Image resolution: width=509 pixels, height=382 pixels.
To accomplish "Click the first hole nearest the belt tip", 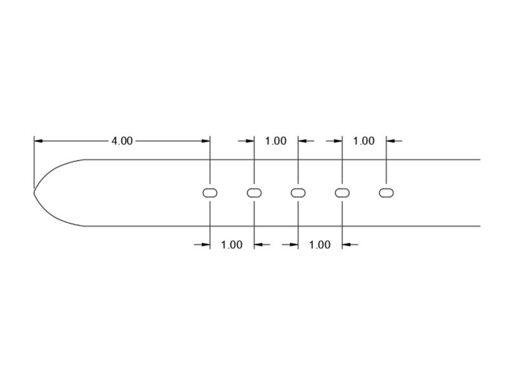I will tap(210, 192).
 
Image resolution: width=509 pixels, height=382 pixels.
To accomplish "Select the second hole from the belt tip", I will tap(254, 192).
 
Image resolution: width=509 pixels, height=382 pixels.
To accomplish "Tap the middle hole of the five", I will tap(298, 192).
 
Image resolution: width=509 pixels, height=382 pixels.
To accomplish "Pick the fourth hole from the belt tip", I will tap(342, 192).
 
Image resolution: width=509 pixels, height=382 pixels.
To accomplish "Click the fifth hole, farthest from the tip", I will tap(386, 192).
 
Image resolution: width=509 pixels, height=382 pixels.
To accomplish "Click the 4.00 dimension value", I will tap(122, 141).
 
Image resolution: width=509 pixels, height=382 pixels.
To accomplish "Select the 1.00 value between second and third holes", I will tap(275, 141).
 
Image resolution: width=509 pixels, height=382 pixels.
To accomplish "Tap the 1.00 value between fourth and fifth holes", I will tap(364, 141).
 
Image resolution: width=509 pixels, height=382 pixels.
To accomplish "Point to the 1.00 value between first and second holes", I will tap(232, 244).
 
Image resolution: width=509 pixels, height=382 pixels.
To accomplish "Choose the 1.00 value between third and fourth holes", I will tap(320, 244).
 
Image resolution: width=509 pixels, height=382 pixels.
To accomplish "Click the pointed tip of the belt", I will tap(34, 190).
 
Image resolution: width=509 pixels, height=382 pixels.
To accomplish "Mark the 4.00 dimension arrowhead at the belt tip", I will tap(39, 141).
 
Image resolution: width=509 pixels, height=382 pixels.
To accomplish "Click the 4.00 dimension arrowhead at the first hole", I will tap(206, 141).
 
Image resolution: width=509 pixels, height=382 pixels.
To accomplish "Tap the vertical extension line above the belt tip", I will tap(34, 159).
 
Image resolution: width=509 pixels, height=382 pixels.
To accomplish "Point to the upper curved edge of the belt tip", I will tap(57, 166).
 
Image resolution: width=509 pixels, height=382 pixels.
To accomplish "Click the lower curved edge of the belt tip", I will tap(57, 216).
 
